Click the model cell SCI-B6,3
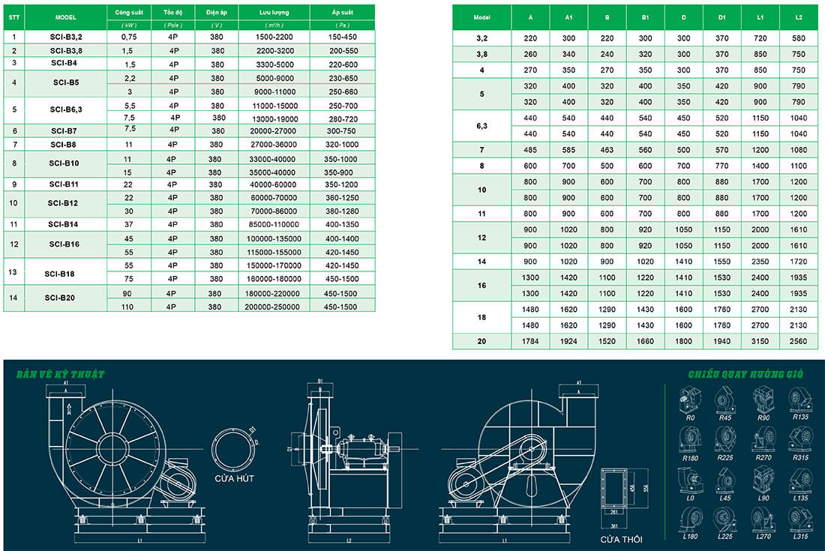tap(66, 109)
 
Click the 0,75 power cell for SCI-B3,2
tap(129, 37)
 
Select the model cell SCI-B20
tap(60, 298)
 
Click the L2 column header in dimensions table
tap(799, 17)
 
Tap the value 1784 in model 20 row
tap(531, 341)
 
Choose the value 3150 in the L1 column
tap(760, 341)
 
